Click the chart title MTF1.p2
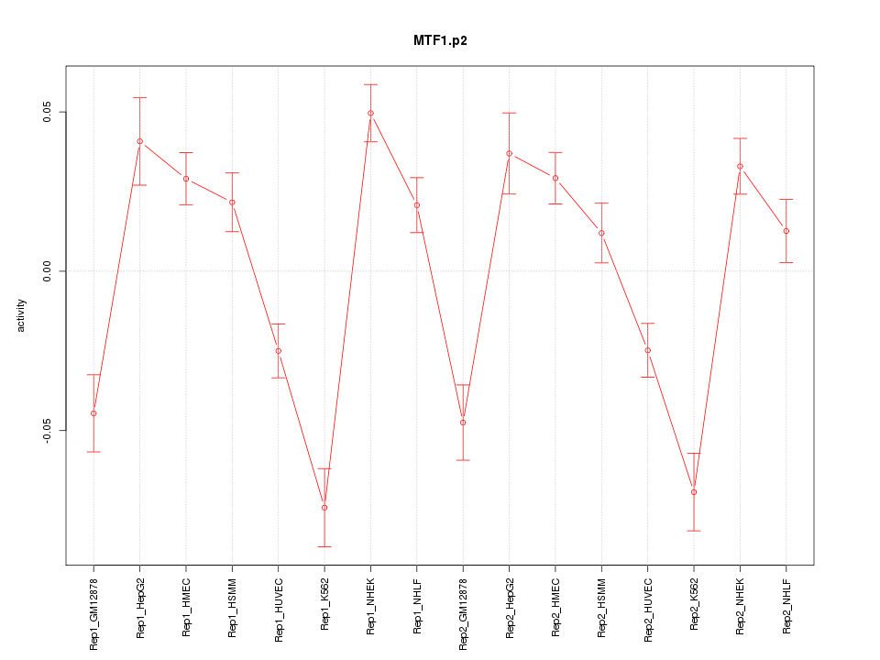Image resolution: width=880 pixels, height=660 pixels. click(x=440, y=41)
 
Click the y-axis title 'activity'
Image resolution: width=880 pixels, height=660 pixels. click(x=22, y=315)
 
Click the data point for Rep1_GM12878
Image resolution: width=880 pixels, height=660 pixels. click(x=93, y=413)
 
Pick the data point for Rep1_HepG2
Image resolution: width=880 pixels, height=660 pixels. click(x=139, y=141)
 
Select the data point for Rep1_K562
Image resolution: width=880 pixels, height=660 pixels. click(x=324, y=508)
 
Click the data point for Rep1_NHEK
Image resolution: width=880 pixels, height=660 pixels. click(x=370, y=114)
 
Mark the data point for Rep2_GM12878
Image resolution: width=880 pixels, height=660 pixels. click(x=463, y=423)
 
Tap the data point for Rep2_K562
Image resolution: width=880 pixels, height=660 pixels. click(x=694, y=492)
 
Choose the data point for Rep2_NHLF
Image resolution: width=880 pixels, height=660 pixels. click(x=786, y=231)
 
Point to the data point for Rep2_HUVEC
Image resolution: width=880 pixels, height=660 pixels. click(x=648, y=350)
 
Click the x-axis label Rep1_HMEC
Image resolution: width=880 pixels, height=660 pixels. click(x=186, y=607)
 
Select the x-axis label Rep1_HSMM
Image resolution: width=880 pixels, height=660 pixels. click(x=232, y=607)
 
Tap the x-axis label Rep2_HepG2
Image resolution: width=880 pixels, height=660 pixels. click(x=510, y=608)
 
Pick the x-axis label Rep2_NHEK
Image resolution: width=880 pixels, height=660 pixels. click(x=741, y=607)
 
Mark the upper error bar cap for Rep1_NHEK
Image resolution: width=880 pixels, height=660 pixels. click(x=370, y=84)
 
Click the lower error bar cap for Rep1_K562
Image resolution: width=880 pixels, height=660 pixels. click(x=324, y=546)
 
